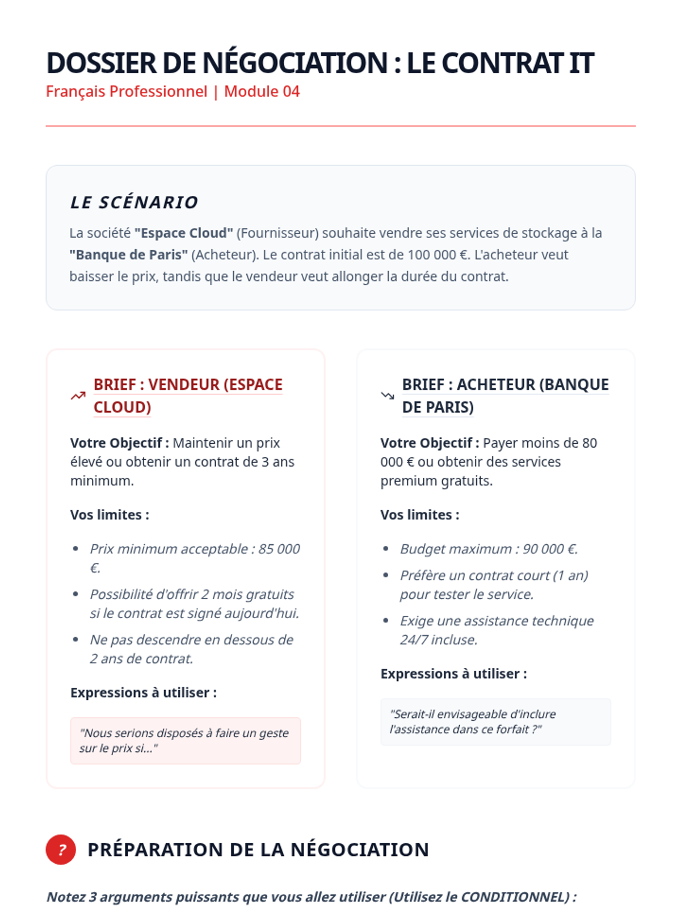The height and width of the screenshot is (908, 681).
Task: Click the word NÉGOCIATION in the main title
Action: [295, 63]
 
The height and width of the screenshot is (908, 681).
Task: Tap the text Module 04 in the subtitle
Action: [262, 91]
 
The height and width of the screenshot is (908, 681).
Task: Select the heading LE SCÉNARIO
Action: [134, 203]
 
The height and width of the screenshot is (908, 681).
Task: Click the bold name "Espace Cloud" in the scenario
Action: [184, 233]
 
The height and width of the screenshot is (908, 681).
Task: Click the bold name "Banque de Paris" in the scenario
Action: [129, 255]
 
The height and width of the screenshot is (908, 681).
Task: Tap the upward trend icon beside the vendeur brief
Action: [78, 396]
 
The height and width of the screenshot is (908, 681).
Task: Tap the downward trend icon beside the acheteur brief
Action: [388, 396]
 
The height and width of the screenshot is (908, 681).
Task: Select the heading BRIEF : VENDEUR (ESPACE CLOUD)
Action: [187, 396]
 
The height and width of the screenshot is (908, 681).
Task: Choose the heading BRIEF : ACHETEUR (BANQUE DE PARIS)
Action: [505, 396]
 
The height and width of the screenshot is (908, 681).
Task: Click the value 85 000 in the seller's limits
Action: [279, 549]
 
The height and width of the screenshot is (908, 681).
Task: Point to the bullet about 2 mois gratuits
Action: [194, 604]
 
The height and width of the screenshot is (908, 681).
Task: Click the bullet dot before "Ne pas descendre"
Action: [75, 640]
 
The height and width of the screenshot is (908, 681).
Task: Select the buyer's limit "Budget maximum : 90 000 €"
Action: [489, 549]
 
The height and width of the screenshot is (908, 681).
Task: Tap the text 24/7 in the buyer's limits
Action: [414, 640]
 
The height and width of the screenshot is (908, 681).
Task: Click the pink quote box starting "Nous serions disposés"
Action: [186, 741]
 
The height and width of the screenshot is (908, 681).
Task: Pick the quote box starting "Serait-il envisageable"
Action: [495, 722]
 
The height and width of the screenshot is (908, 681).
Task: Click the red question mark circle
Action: [61, 850]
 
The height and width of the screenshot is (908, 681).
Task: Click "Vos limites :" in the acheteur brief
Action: [419, 515]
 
